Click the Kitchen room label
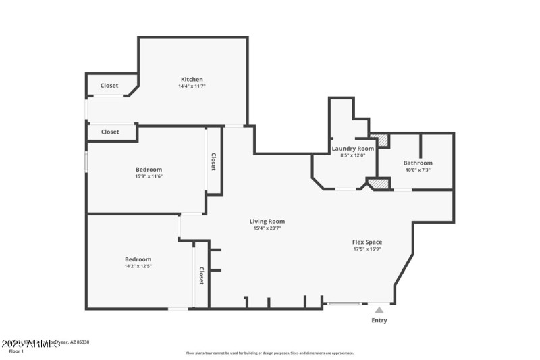coord(192,79)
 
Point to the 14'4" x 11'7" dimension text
coord(192,86)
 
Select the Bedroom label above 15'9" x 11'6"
coord(148,169)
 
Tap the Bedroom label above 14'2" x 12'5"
coord(138,259)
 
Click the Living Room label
coord(267,221)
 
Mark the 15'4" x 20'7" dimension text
coord(267,228)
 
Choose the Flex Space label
coord(367,242)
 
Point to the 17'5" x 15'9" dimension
coord(367,249)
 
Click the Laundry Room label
coord(352,148)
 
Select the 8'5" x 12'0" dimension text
coord(352,155)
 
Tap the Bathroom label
coord(418,163)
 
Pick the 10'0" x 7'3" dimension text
coord(418,170)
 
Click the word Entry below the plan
coord(379,320)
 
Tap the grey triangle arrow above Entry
coord(379,310)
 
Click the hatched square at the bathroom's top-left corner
coord(383,140)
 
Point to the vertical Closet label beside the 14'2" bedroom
coord(201,275)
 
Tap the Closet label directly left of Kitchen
coord(109,86)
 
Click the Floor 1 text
coord(16,351)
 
